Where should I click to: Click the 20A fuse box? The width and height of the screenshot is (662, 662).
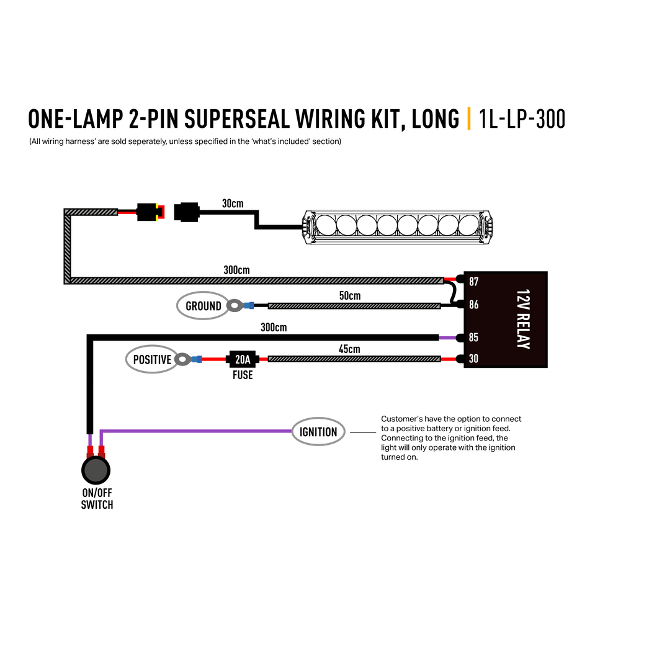point(243,359)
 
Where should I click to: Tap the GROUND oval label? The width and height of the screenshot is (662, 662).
point(203,306)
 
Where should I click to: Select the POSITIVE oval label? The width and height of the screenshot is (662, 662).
point(152,359)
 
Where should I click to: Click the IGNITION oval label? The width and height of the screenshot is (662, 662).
point(318,431)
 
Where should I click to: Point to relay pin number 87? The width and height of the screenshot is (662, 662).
point(474,282)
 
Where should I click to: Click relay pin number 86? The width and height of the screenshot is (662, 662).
point(474,305)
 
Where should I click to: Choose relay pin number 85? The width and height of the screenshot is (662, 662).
point(474,338)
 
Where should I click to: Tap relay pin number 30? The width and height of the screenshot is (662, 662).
point(474,359)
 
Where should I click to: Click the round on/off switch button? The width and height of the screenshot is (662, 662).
point(96,470)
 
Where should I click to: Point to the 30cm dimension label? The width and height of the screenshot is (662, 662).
point(233,204)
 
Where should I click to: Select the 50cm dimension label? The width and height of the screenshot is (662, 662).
point(350,295)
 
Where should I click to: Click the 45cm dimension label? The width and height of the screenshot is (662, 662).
point(349,349)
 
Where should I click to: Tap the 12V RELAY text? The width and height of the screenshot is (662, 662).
point(523,319)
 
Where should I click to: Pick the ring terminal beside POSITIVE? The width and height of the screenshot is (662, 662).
point(183,359)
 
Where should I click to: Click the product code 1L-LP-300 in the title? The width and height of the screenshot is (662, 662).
point(522,119)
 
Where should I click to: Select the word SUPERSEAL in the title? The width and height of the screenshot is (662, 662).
point(237,119)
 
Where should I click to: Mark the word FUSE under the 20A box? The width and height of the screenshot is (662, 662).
point(243,375)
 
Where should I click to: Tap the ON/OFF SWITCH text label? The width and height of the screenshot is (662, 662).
point(97,499)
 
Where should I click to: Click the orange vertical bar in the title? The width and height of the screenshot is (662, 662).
point(469,119)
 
